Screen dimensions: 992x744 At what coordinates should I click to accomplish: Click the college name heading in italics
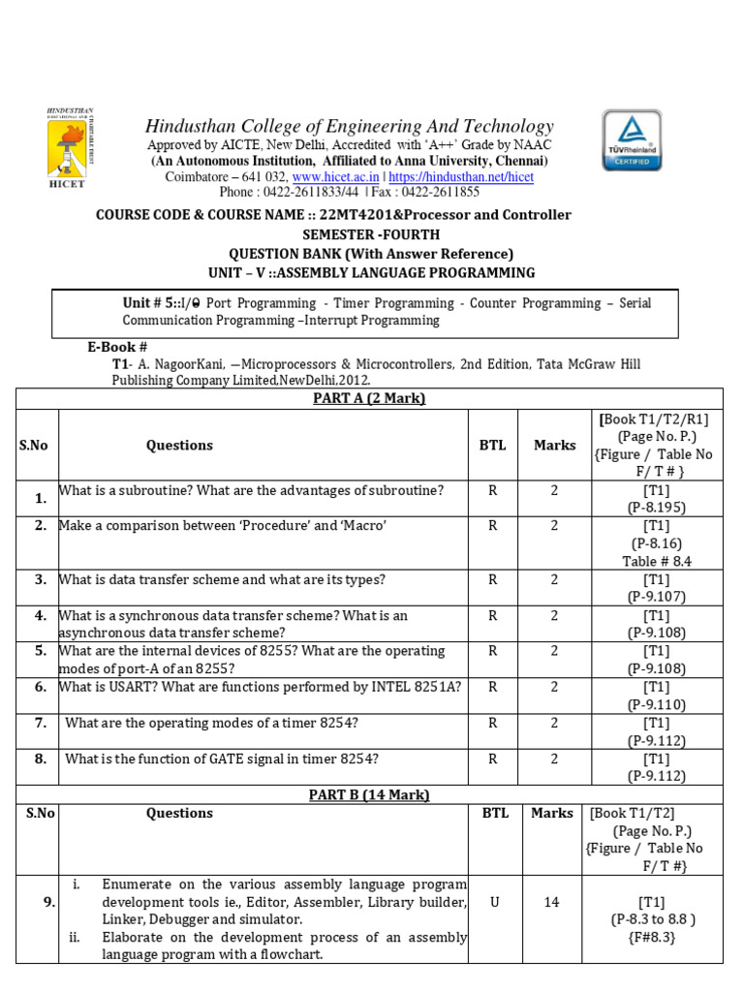point(349,126)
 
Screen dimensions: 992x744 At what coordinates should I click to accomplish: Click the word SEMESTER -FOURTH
point(371,234)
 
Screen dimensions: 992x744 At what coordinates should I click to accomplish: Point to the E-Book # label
point(117,346)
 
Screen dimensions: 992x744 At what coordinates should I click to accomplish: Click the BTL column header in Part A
point(492,445)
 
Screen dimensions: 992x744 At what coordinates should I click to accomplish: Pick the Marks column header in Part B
point(552,813)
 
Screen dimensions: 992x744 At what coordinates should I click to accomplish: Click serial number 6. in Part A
point(41,686)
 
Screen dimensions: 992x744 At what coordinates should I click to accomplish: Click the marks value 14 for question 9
point(552,901)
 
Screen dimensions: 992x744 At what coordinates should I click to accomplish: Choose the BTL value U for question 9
point(495,901)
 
